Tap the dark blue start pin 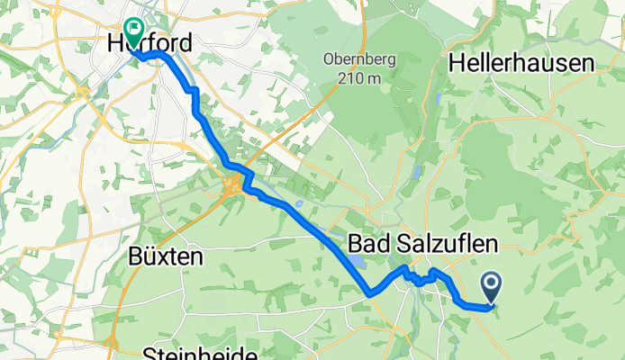click(493, 289)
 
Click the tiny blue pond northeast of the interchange click(298, 178)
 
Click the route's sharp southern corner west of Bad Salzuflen click(369, 292)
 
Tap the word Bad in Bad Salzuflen click(367, 244)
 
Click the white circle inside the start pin click(493, 284)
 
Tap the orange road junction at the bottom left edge click(113, 345)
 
